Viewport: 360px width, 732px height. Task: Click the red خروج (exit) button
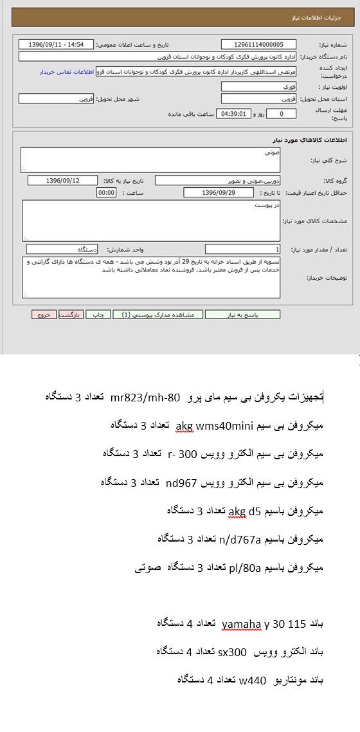(x=43, y=315)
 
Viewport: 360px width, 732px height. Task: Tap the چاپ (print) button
(x=98, y=315)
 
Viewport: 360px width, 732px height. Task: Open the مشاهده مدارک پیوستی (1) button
(x=159, y=315)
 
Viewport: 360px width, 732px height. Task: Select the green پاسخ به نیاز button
(x=243, y=315)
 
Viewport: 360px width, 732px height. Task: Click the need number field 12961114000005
(x=258, y=44)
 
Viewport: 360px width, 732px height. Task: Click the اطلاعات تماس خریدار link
(x=67, y=72)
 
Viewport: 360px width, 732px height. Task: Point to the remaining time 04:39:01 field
(x=233, y=114)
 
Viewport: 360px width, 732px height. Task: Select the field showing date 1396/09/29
(x=218, y=192)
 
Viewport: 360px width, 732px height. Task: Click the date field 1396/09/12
(x=63, y=180)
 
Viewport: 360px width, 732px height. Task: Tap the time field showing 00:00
(x=106, y=192)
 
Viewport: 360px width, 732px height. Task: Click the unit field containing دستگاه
(x=62, y=249)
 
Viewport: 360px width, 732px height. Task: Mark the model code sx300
(x=232, y=652)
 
